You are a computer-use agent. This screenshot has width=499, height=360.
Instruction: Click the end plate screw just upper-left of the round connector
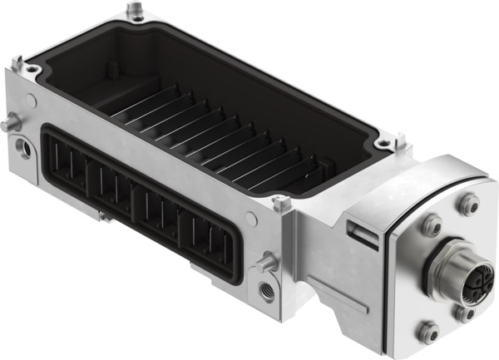pos(432,224)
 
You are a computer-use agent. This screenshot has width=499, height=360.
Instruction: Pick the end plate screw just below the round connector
pos(462,313)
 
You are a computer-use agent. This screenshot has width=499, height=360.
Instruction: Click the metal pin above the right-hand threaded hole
pos(267,264)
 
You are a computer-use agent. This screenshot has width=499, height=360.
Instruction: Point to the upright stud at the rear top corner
pos(134,10)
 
